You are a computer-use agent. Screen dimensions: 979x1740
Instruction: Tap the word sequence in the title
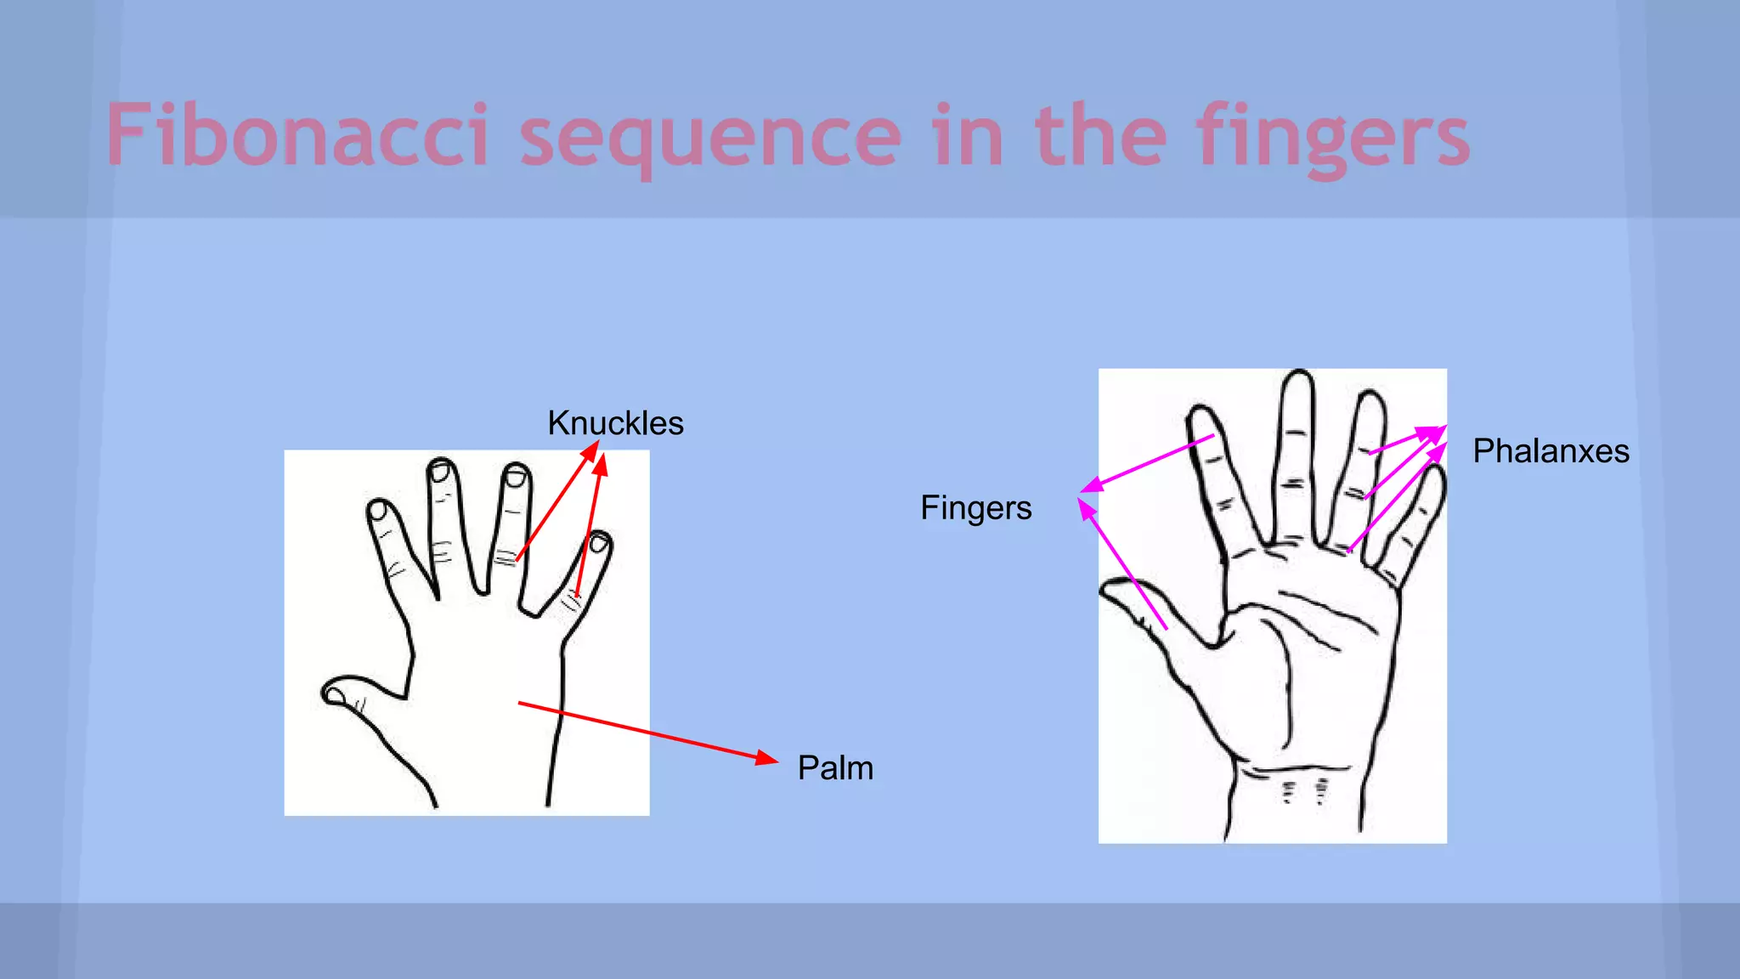710,138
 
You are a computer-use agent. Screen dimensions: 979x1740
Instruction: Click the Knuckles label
615,423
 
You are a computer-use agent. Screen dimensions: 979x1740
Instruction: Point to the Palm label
835,768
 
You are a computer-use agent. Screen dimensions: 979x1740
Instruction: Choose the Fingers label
976,508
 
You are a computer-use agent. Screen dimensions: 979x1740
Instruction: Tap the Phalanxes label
1551,451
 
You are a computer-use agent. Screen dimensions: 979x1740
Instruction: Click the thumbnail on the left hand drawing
336,696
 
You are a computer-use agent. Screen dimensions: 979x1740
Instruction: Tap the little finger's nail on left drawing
599,543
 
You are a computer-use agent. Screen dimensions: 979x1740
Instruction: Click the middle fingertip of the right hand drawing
1298,382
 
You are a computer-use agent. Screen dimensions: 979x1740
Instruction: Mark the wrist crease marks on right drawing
1304,791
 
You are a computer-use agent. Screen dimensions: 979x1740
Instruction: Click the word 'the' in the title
1101,136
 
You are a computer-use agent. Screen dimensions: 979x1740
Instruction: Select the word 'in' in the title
969,136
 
